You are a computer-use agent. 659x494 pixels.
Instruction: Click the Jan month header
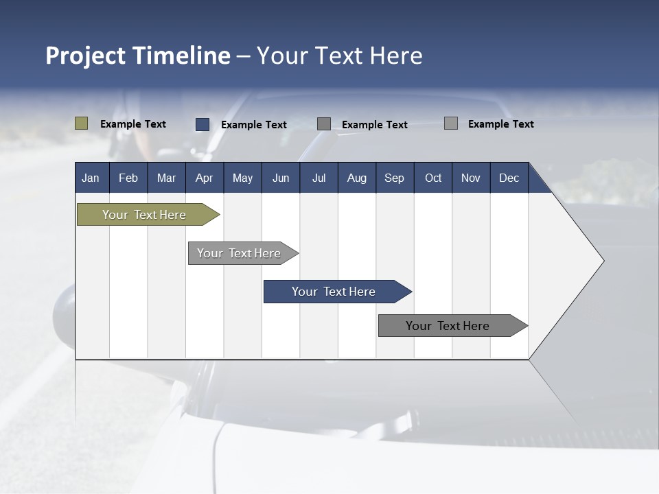[91, 178]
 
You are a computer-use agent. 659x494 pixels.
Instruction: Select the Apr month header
[205, 178]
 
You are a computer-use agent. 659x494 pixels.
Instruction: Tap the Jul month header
[319, 178]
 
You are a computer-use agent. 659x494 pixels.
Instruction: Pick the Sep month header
[394, 178]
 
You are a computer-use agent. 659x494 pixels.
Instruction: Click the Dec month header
[509, 178]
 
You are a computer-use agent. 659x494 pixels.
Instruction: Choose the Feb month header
[128, 178]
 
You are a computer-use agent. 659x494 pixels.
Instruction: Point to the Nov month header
[471, 178]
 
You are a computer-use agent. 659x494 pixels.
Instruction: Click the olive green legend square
[82, 123]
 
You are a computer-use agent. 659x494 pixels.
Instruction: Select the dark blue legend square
[203, 124]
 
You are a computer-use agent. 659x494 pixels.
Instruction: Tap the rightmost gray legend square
[451, 123]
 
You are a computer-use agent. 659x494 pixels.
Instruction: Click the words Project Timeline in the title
[137, 56]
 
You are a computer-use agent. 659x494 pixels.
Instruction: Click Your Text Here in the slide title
[340, 56]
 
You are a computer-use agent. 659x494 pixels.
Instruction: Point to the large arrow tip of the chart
[590, 261]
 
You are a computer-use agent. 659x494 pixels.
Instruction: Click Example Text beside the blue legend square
[253, 125]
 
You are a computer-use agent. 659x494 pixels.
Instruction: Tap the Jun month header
[281, 178]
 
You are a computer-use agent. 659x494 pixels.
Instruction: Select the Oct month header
[433, 178]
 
